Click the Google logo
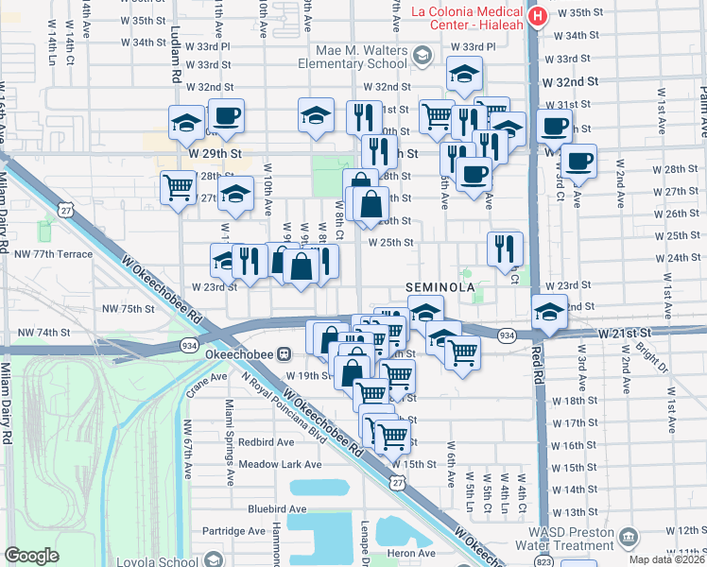pos(31,556)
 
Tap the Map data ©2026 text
pos(668,560)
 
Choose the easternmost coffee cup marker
pos(578,161)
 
